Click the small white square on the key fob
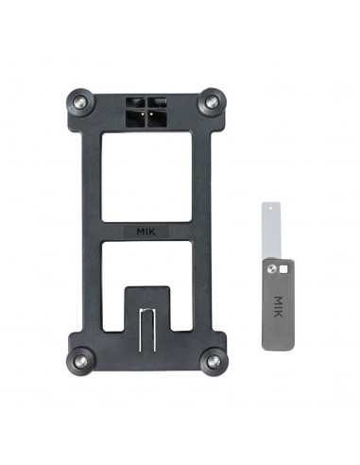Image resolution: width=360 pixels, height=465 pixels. pyautogui.click(x=284, y=269)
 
